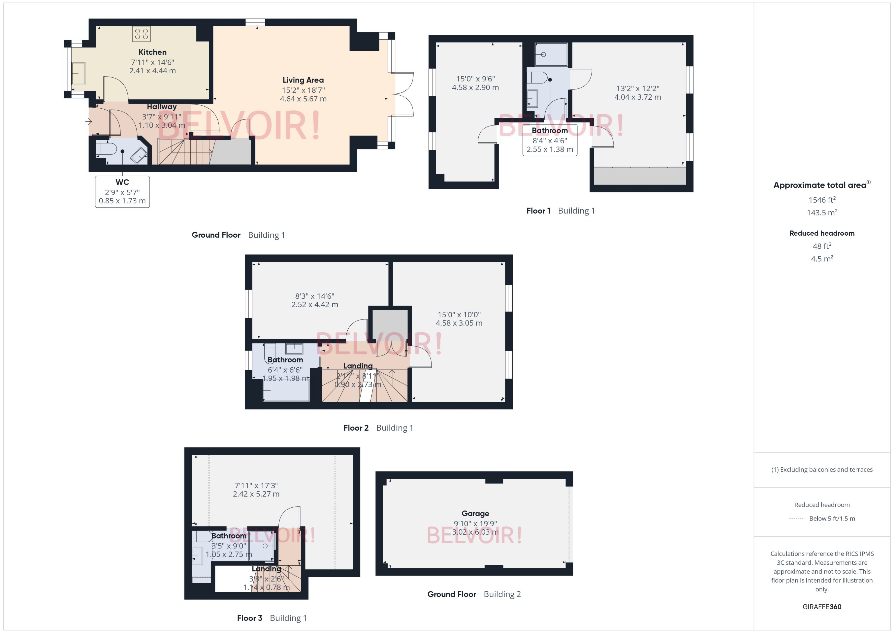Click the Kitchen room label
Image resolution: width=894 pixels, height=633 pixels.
(152, 52)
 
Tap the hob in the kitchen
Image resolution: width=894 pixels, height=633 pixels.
(141, 34)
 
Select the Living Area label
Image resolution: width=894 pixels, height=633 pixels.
(303, 80)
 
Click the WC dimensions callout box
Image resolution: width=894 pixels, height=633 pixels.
(122, 192)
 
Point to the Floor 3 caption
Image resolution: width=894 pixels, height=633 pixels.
(249, 618)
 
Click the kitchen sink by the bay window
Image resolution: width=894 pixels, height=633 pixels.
(78, 73)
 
